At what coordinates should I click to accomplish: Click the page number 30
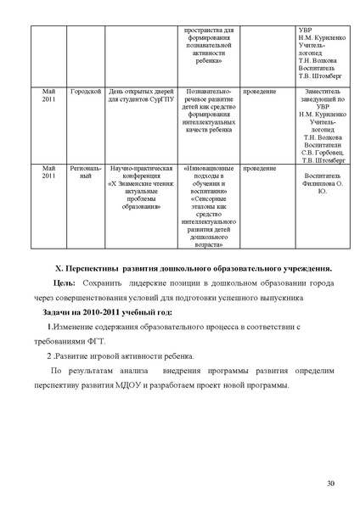tap(331, 483)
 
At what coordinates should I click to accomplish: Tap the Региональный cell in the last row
tap(86, 173)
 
